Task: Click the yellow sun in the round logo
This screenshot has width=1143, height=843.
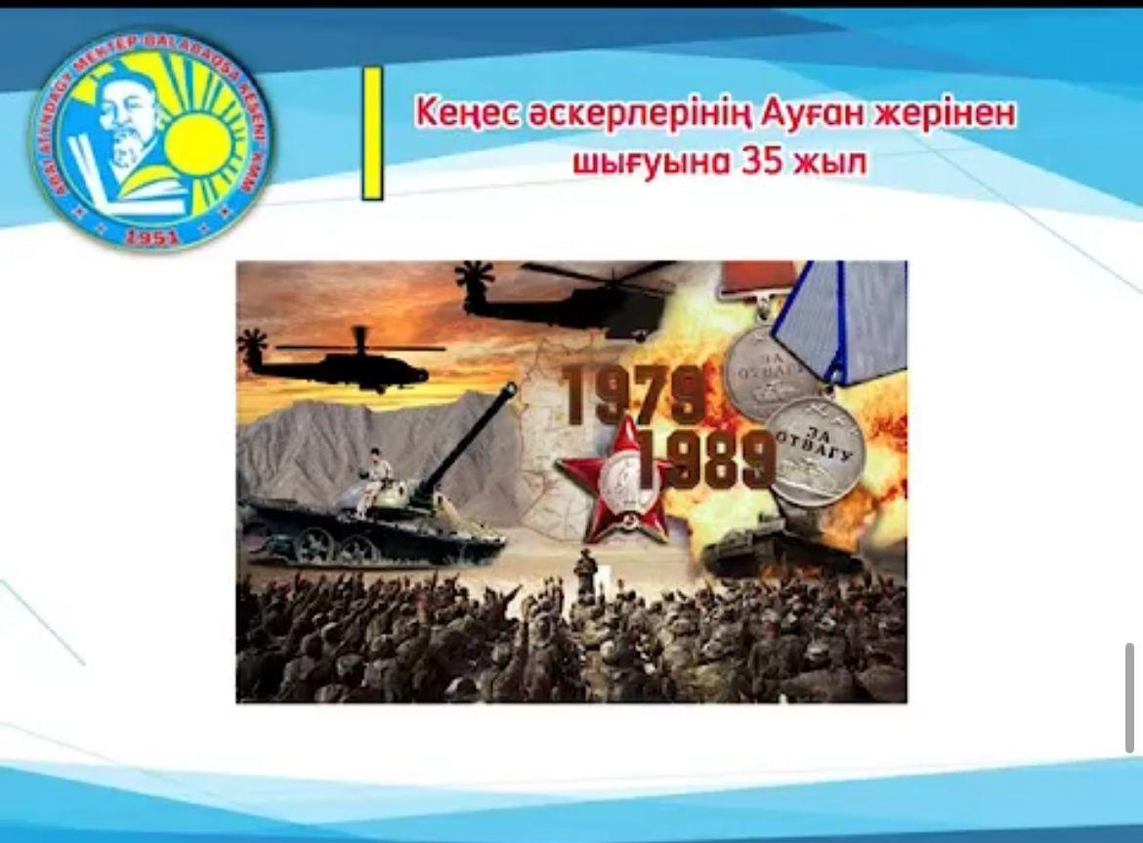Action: pos(199,147)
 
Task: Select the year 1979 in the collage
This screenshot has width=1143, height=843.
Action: pos(633,395)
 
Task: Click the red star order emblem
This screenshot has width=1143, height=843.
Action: pos(613,480)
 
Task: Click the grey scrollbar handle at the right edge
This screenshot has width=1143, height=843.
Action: pos(1130,697)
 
